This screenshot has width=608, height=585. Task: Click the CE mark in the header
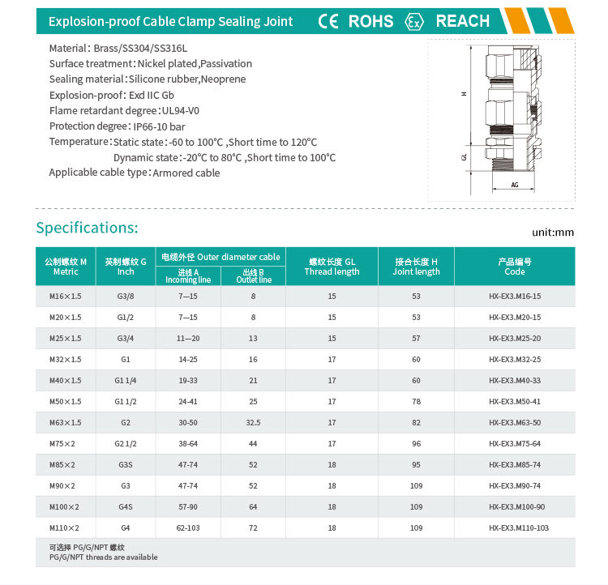[x=328, y=21]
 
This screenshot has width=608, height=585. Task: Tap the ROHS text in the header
[x=370, y=21]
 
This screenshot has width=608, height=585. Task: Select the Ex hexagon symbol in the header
[x=415, y=22]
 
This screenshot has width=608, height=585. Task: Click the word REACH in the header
[x=463, y=21]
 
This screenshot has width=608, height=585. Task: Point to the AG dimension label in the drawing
[x=515, y=185]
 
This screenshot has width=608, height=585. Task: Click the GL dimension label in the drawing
[x=465, y=157]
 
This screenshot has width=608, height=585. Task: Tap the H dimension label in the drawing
[x=465, y=94]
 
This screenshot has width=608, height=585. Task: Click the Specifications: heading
[x=88, y=228]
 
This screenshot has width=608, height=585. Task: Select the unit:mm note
[x=553, y=233]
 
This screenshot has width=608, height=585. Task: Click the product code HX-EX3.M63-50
[x=515, y=422]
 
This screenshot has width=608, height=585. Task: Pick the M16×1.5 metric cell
[x=66, y=296]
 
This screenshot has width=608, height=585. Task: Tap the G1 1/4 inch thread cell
[x=126, y=380]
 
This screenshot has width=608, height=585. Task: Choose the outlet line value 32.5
[x=253, y=422]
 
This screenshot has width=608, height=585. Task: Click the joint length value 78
[x=416, y=401]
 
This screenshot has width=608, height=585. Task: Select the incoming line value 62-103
[x=188, y=527]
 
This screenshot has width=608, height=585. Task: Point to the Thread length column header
[x=332, y=271]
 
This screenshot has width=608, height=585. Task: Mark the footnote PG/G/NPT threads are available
[x=104, y=557]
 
